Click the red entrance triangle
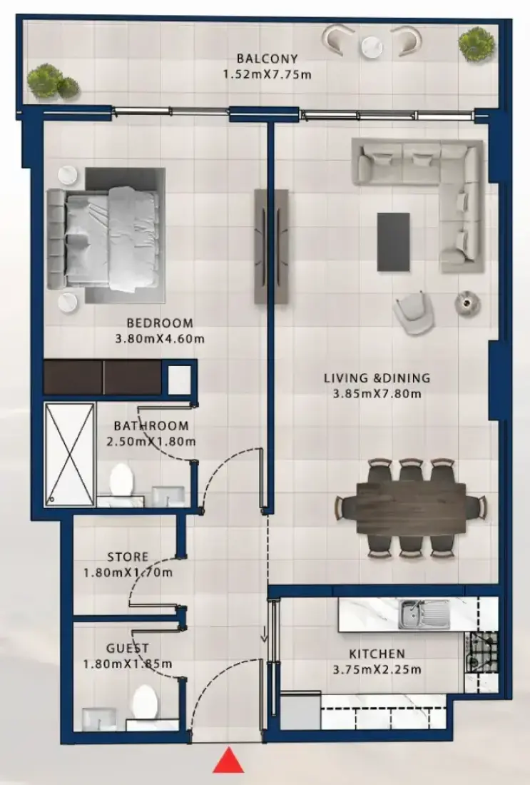click(x=228, y=761)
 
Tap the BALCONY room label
click(x=267, y=59)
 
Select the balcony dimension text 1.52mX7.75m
click(x=267, y=75)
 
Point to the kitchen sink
click(x=425, y=614)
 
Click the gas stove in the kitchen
click(x=481, y=652)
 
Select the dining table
click(x=411, y=507)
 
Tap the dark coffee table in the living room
click(x=393, y=242)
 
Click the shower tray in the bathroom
click(x=70, y=455)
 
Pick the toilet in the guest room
click(x=145, y=703)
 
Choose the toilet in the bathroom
click(x=121, y=480)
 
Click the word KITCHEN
click(x=377, y=654)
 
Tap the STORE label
click(x=128, y=557)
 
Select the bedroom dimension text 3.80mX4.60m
click(x=160, y=339)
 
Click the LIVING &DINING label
click(x=377, y=378)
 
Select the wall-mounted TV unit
click(x=271, y=246)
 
